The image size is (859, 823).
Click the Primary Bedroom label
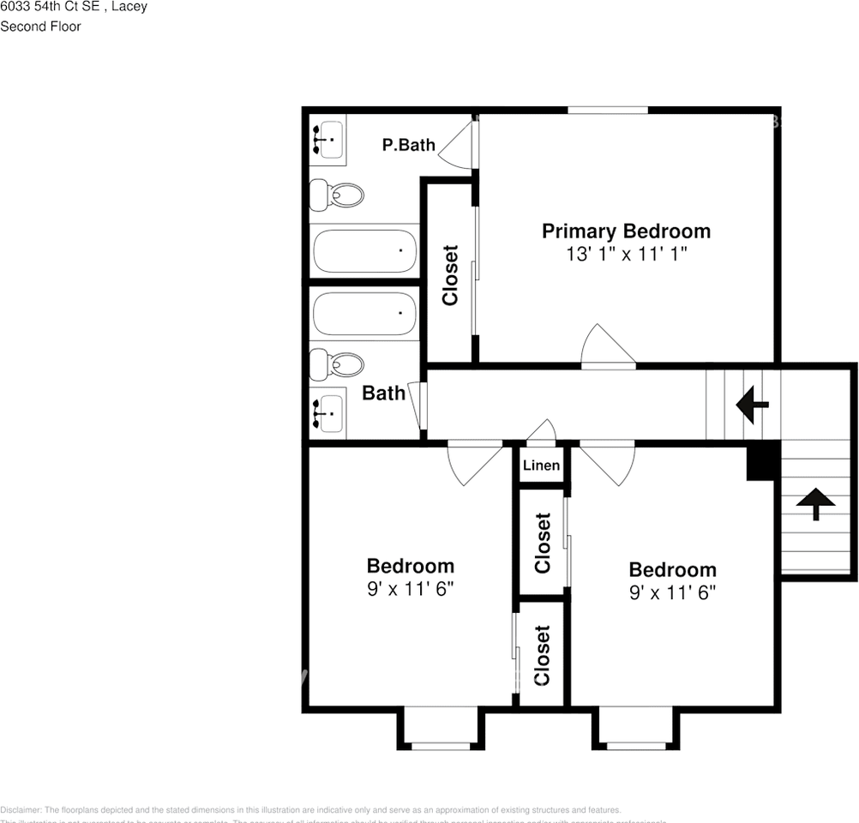click(626, 231)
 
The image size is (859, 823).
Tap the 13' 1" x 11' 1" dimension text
click(626, 255)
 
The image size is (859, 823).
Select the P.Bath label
click(409, 145)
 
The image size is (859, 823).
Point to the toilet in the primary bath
click(336, 195)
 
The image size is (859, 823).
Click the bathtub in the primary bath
click(364, 251)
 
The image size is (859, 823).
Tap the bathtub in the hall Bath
click(364, 314)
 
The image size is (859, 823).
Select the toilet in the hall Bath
click(336, 365)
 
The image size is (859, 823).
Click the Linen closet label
click(541, 466)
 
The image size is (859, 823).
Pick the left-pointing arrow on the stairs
click(753, 404)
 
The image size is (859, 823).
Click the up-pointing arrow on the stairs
click(815, 504)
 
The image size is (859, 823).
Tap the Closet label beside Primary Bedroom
click(450, 275)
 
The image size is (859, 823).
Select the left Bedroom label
click(410, 566)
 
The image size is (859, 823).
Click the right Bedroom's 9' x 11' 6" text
click(672, 592)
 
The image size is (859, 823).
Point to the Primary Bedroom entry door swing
click(607, 348)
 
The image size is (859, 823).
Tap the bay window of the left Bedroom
click(441, 729)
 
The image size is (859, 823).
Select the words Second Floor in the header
click(40, 27)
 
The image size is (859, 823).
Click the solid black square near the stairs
click(763, 461)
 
